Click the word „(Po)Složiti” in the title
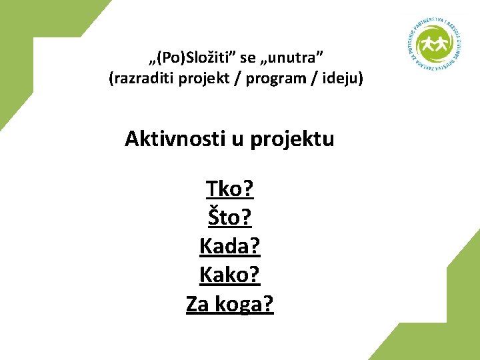click(x=190, y=55)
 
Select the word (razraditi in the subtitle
click(x=139, y=79)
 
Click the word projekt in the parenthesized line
click(x=203, y=79)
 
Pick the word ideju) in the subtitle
click(x=341, y=79)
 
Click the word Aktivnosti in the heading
click(x=175, y=139)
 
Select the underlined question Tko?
click(x=230, y=189)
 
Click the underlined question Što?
click(x=230, y=218)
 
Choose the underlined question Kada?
click(x=230, y=247)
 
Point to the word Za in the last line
click(x=197, y=304)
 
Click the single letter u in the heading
click(x=236, y=139)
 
